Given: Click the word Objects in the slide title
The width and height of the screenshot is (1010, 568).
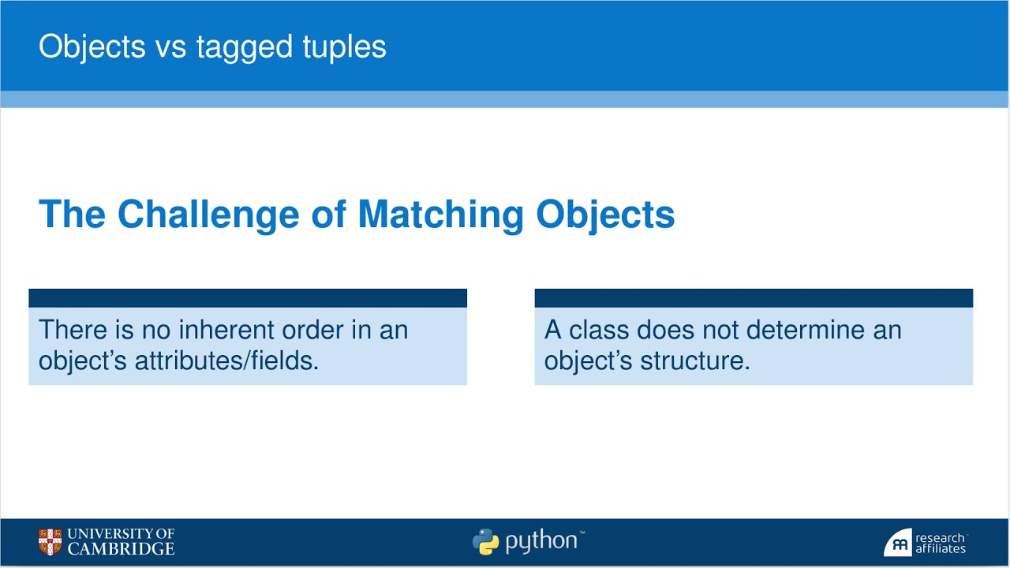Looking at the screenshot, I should coord(92,47).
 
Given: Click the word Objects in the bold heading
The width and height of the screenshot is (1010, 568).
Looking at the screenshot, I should coord(605,215).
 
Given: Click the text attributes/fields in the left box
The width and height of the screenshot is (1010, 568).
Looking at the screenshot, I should coord(226,361).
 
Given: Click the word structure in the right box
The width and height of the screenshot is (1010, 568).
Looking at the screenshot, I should coord(694,361).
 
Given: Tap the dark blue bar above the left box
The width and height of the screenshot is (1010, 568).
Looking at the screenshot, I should coord(248,298).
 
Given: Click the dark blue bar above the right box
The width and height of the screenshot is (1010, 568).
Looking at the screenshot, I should coord(754,298).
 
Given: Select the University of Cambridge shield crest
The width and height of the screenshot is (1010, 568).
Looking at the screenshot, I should coord(50,542).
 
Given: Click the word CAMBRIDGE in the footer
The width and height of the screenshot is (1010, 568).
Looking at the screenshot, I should coord(121,549).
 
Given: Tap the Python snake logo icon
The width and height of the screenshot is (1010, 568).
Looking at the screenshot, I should coord(485,542).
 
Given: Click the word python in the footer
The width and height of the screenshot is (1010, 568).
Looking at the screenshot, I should coord(541,542).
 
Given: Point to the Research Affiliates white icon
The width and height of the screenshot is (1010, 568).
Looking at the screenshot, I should coord(897,544).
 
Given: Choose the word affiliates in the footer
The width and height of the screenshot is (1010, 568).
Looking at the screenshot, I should coord(941,549).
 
